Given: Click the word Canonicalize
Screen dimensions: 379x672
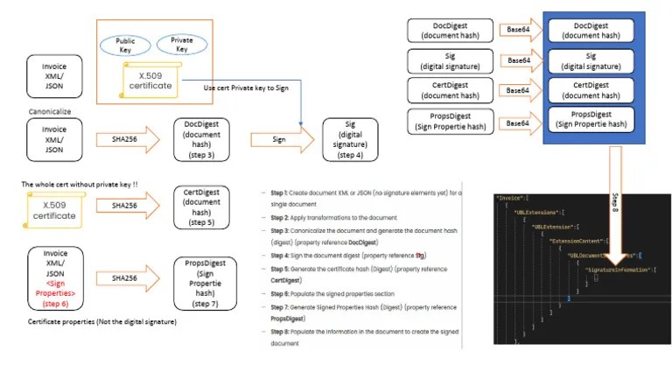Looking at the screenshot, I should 52,112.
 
